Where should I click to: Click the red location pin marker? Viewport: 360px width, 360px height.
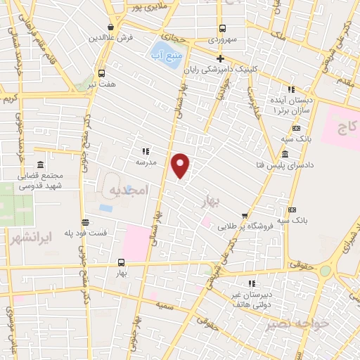(181, 165)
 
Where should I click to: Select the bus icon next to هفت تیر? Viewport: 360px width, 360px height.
(102, 72)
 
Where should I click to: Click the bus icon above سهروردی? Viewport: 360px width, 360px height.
(222, 29)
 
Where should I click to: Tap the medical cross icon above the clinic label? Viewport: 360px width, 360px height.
(220, 58)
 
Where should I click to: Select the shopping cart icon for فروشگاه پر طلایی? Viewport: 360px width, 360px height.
(244, 217)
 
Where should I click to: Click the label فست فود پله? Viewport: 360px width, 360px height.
(86, 233)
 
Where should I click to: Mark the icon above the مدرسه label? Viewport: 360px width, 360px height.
(146, 150)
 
